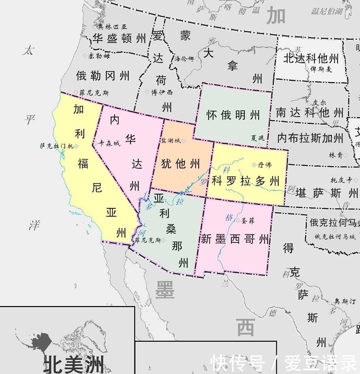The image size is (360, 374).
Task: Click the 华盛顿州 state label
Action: pos(119,38)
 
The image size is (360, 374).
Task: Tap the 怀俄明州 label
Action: pos(233,115)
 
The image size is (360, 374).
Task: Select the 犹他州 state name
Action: pos(181,164)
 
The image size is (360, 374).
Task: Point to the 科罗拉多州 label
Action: pos(246,181)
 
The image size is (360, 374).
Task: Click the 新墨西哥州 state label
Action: pos(235,239)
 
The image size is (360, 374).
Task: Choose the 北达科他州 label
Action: pos(311,58)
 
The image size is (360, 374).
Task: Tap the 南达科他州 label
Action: pos(310,112)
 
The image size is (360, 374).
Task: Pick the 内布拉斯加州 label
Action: pos(310,138)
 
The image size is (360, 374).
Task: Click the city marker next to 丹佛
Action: pos(254,165)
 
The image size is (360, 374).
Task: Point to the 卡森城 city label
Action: pos(109,144)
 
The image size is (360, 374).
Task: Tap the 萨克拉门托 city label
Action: pos(56,146)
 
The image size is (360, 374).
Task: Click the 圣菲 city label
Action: pos(247,221)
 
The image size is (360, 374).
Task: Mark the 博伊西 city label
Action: pos(162,92)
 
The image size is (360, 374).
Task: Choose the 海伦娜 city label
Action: pos(184,59)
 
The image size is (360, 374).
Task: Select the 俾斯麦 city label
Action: pos(321,69)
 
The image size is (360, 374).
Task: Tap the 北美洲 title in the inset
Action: pos(74,364)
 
